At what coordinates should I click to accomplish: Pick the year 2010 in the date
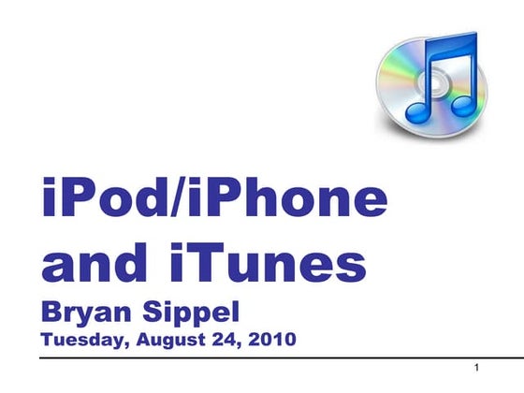272,339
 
